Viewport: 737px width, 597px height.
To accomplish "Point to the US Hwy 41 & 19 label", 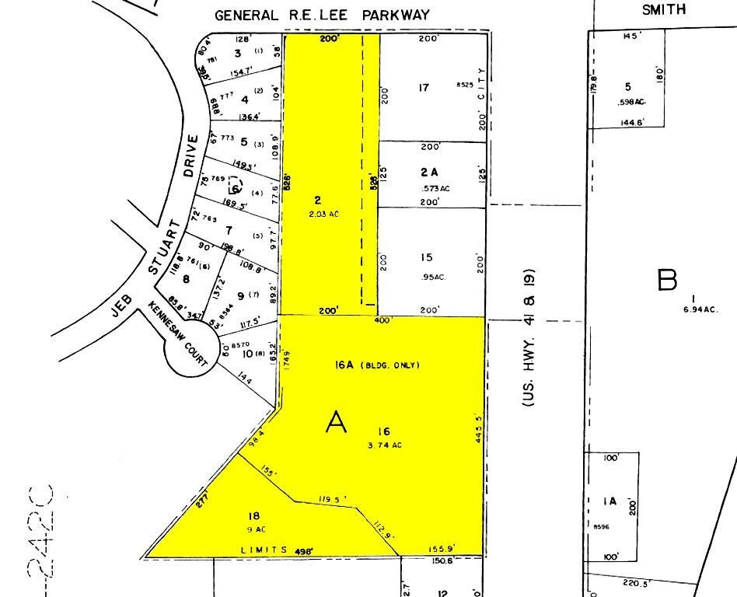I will click(531, 340).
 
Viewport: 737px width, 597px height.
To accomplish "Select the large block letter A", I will click(336, 423).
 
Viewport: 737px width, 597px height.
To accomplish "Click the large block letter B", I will click(667, 281).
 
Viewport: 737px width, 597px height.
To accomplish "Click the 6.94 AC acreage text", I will click(700, 309).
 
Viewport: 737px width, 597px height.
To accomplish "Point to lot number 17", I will click(423, 88).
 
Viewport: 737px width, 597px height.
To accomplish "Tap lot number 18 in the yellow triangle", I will click(253, 515).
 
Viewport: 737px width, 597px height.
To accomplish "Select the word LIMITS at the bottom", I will click(257, 550).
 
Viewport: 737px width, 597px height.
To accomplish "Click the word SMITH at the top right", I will click(664, 10).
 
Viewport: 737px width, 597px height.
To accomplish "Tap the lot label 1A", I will click(609, 501).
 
